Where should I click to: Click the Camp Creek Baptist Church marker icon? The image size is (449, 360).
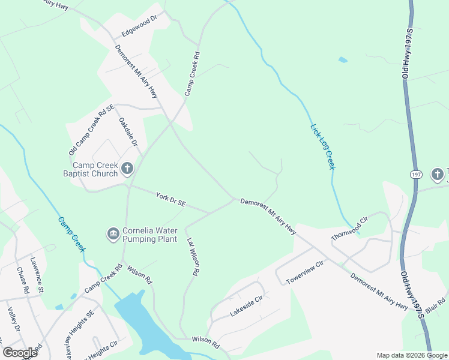coord(127,169)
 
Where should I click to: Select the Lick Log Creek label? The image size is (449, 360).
coord(322,146)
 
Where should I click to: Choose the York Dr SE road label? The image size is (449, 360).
coord(170,200)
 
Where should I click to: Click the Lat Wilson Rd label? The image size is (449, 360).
coord(192,256)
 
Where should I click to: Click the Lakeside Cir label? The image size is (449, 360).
coord(246,307)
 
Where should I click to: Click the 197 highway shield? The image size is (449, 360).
coord(417,175)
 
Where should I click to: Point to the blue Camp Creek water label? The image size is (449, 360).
coord(71,234)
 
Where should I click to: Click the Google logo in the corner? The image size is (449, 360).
coord(20,352)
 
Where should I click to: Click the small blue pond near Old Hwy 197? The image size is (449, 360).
coord(343,60)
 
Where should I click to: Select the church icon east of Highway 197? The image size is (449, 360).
coord(437,175)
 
